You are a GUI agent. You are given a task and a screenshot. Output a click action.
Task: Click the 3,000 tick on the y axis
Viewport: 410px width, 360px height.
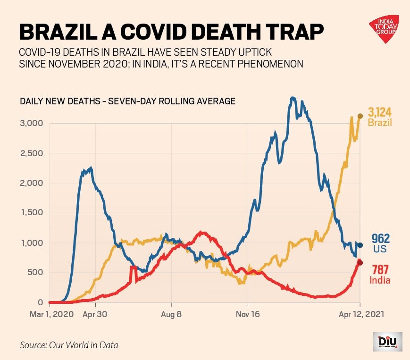(33, 123)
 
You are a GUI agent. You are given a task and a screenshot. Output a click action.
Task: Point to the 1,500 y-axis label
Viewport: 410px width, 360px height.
(33, 213)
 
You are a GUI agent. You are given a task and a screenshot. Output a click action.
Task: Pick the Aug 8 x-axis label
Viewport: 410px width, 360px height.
(171, 314)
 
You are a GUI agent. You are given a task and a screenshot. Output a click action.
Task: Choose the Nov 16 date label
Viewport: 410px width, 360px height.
(248, 314)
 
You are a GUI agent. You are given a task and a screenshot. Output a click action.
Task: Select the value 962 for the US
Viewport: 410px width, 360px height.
(381, 238)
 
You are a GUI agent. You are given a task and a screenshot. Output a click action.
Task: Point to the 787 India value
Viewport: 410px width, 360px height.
(380, 270)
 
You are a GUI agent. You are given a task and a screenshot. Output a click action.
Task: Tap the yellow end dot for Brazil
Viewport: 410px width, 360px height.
(360, 116)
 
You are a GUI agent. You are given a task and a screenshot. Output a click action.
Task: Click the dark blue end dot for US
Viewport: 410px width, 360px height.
(360, 245)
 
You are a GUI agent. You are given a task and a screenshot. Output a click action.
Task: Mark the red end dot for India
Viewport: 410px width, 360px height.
(360, 262)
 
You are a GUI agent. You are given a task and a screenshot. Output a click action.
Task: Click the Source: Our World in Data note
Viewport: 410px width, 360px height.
(69, 345)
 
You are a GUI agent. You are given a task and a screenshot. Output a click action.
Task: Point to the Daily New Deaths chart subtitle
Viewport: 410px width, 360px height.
(127, 101)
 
